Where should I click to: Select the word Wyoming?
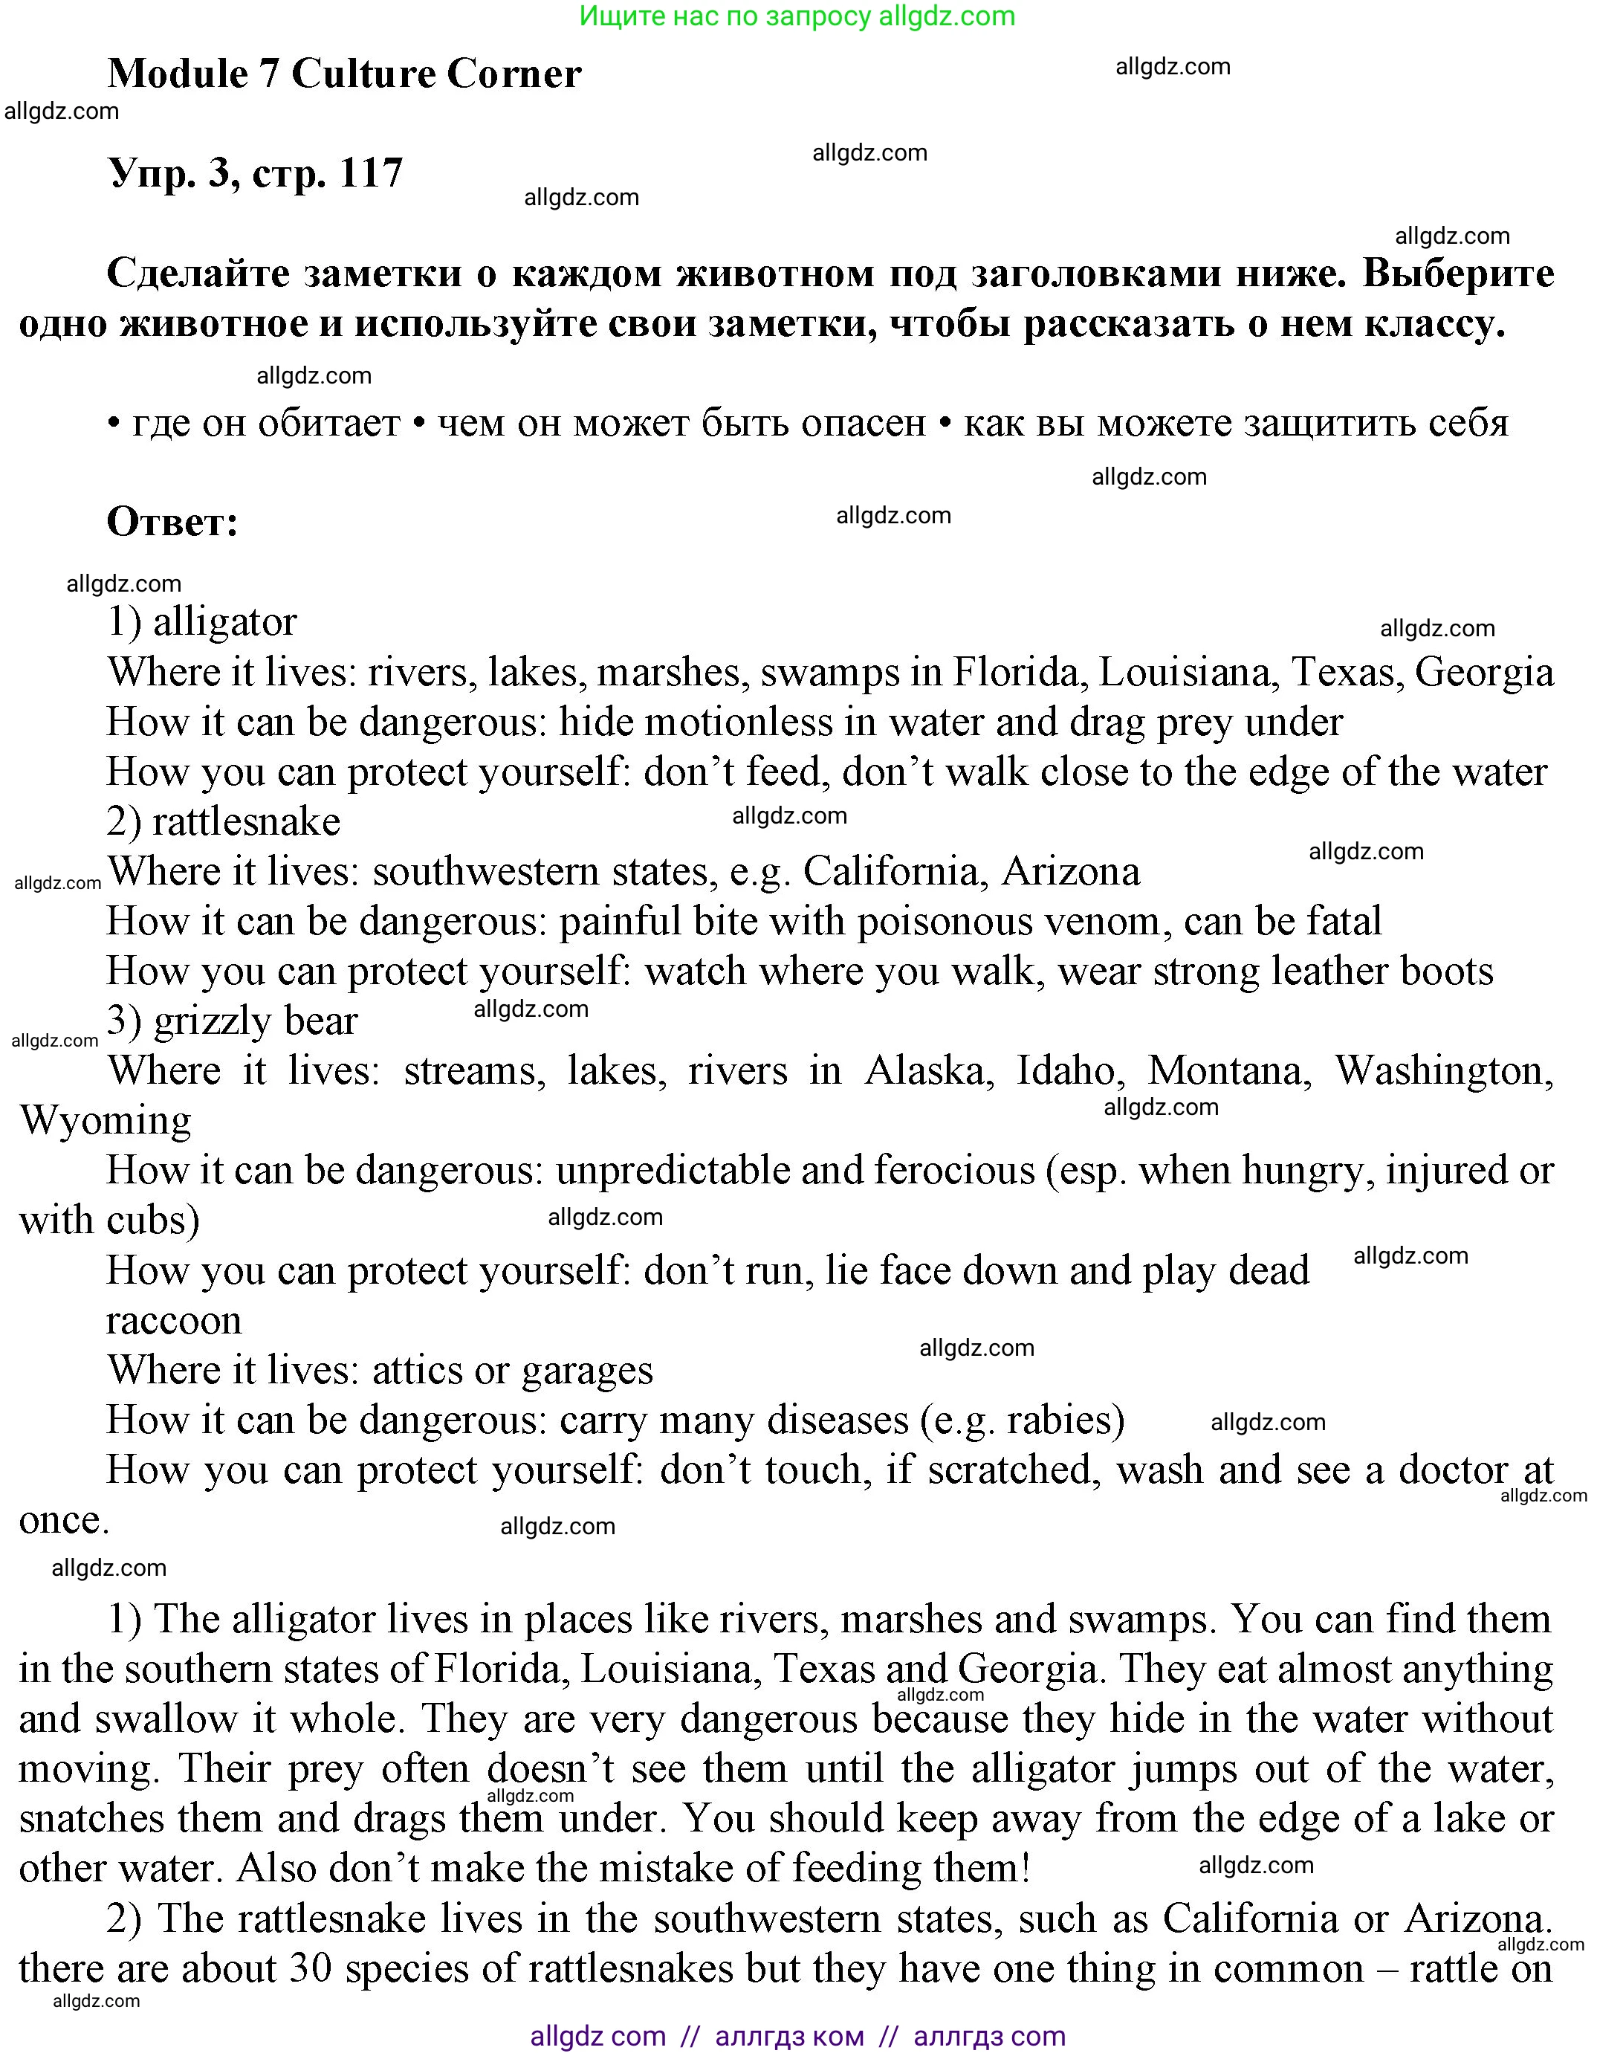(x=106, y=1121)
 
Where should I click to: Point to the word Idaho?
(x=1066, y=1071)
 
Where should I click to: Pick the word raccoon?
(x=174, y=1321)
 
